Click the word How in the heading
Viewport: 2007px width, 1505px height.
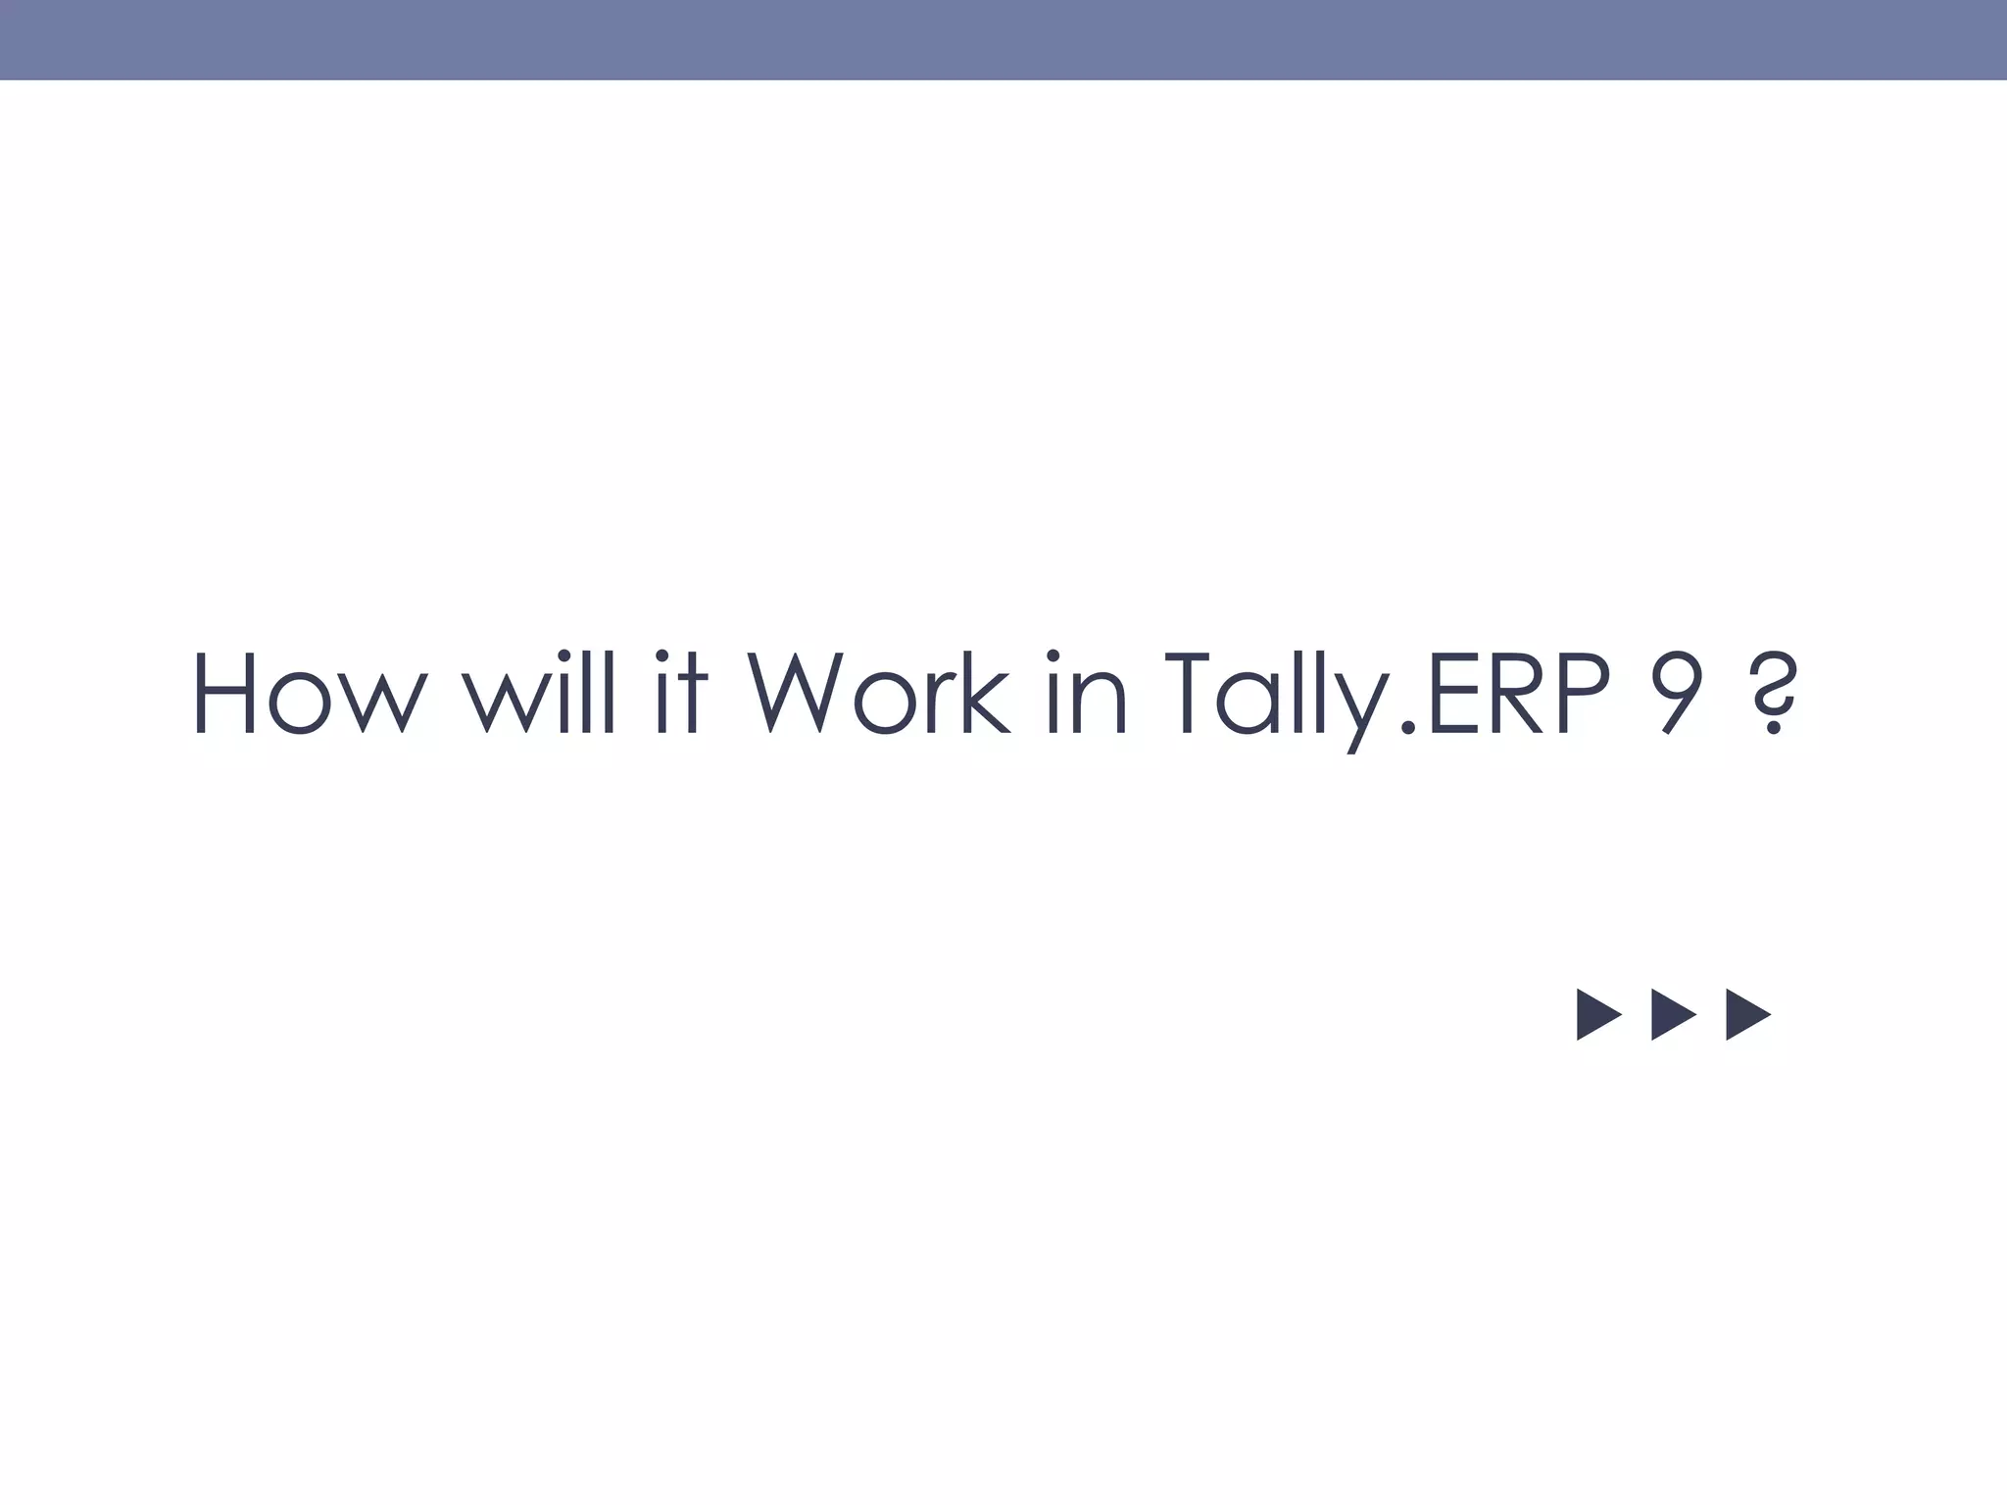point(310,693)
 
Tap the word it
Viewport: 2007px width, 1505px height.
point(679,693)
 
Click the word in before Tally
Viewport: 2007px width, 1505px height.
point(1086,693)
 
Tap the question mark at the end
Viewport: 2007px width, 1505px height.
point(1772,693)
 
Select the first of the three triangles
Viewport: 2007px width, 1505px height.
point(1596,1014)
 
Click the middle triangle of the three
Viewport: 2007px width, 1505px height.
point(1671,1014)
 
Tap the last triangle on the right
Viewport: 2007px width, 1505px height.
point(1745,1014)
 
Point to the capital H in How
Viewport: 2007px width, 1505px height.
point(225,693)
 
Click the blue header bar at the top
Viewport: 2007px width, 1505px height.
point(1003,39)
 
